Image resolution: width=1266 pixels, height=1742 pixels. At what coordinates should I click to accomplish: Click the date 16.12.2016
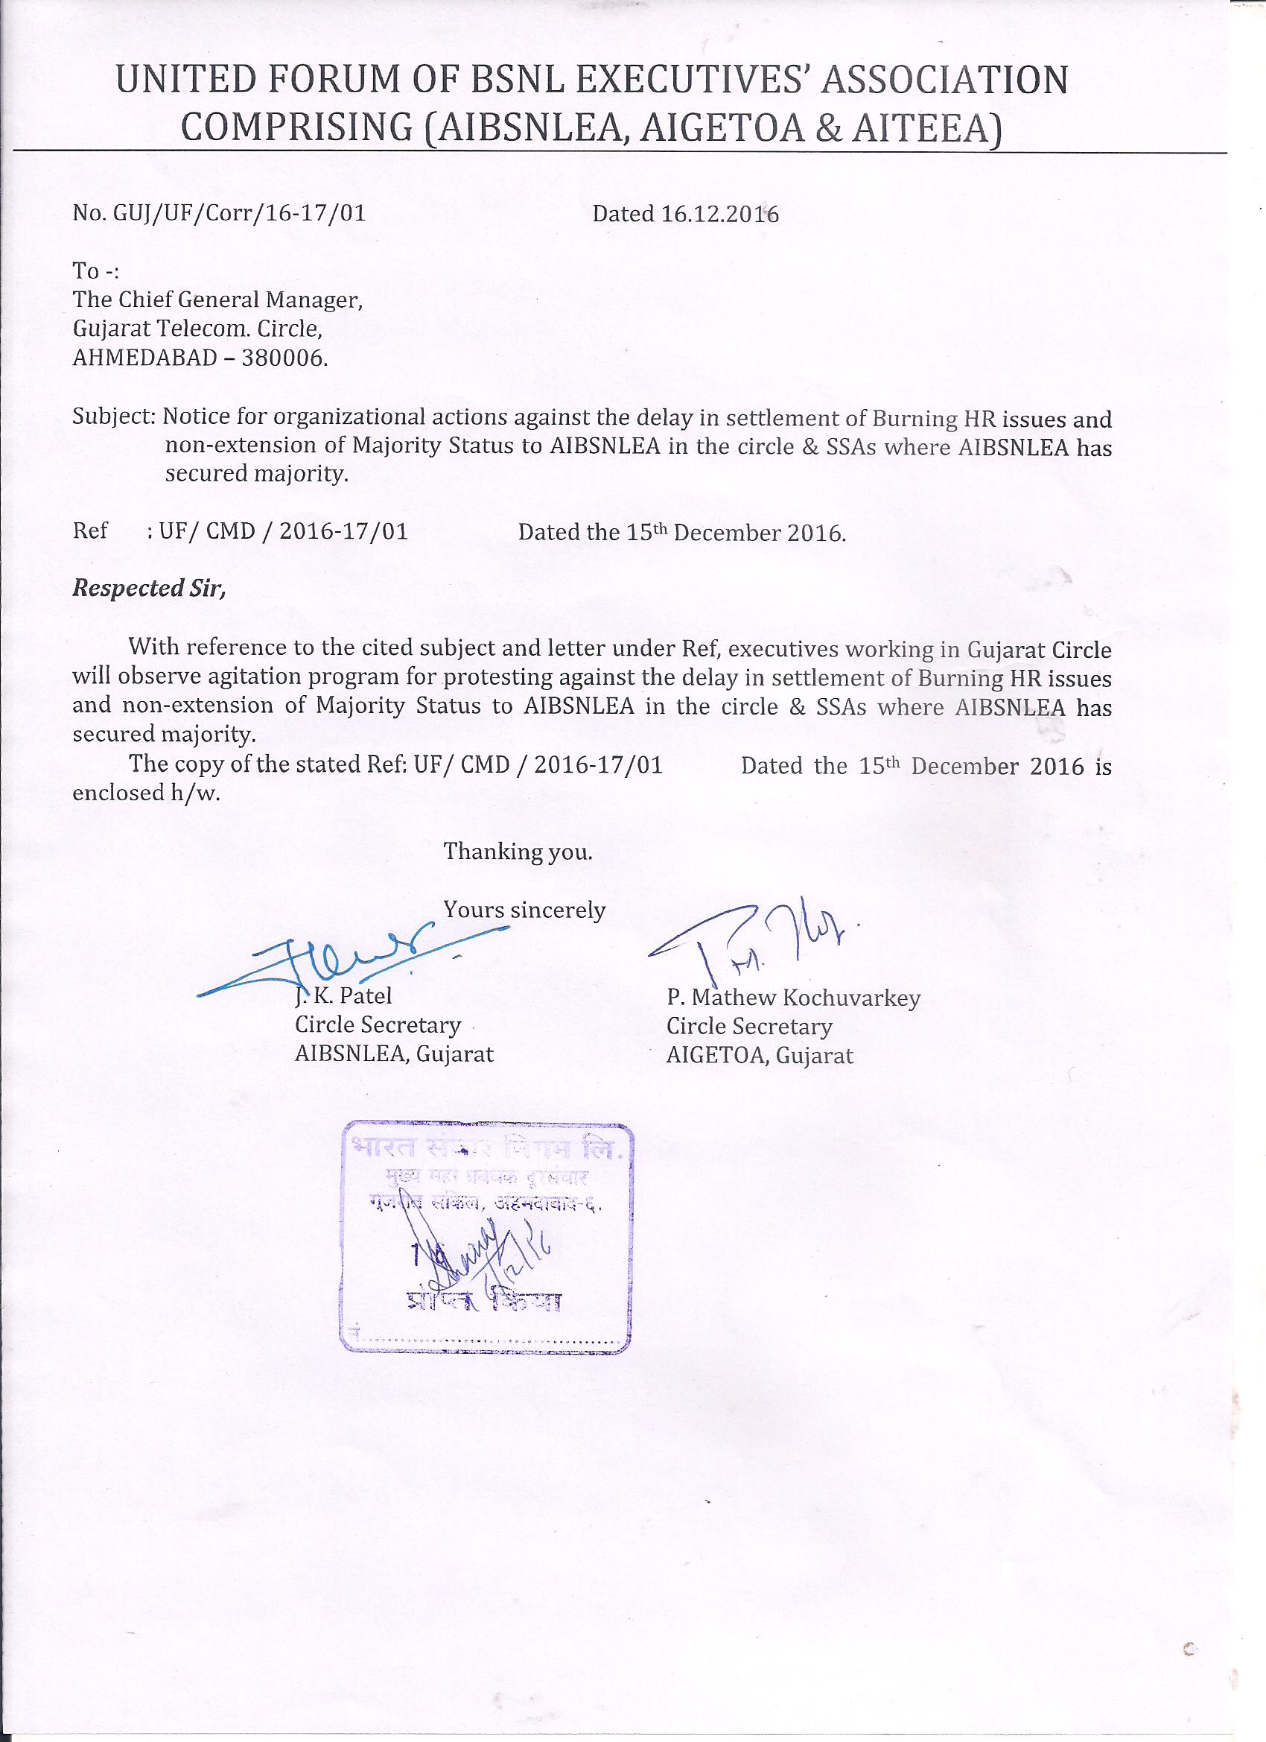[719, 215]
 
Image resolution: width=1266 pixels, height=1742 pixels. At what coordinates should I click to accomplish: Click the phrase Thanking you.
[518, 851]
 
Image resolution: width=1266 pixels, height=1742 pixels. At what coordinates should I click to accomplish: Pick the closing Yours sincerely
[524, 910]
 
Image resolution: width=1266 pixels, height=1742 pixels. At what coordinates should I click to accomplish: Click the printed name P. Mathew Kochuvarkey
[793, 998]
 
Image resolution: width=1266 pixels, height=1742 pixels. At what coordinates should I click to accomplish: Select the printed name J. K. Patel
[344, 996]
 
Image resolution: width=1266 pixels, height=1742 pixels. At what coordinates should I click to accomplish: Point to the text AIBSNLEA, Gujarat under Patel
[394, 1054]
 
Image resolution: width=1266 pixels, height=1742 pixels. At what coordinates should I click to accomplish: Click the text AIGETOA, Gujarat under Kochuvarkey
[760, 1055]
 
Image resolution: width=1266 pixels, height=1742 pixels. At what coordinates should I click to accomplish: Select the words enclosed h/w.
[146, 794]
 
